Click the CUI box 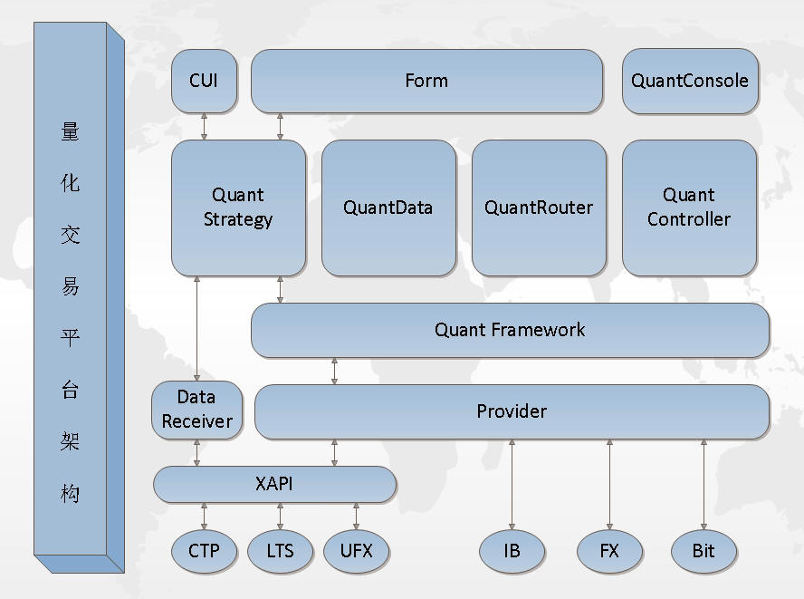(204, 81)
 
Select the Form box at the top (426, 81)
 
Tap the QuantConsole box (690, 81)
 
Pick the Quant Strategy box (238, 208)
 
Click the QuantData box (388, 208)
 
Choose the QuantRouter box (539, 208)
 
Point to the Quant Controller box (690, 208)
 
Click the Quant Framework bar (510, 330)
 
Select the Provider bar (512, 411)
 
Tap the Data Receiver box (196, 410)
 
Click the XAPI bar (275, 484)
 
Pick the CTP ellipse (204, 551)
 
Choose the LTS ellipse (280, 551)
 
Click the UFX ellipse (357, 551)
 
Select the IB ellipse (512, 551)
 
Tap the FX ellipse (609, 551)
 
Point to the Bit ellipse (704, 551)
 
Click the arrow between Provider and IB (512, 485)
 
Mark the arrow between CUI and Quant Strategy (204, 127)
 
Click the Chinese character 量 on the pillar (71, 131)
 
